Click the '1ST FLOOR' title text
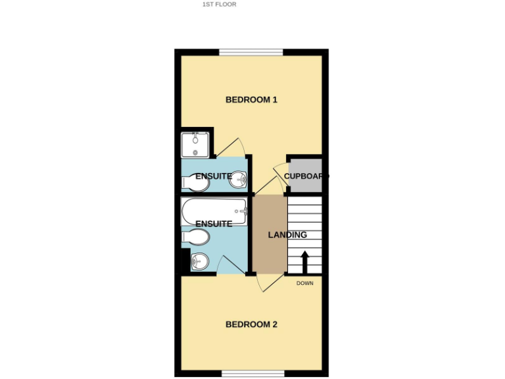(x=219, y=4)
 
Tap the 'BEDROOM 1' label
(x=251, y=100)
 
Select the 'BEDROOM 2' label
(x=251, y=324)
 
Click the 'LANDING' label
(x=287, y=235)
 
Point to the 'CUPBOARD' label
(x=306, y=176)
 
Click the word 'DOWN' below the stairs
(x=304, y=284)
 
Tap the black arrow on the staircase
(x=304, y=261)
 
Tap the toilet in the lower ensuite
(x=195, y=237)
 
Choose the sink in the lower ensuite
(x=200, y=263)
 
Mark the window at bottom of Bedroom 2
(x=253, y=374)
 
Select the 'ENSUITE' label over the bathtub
(x=214, y=224)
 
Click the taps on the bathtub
(x=241, y=211)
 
